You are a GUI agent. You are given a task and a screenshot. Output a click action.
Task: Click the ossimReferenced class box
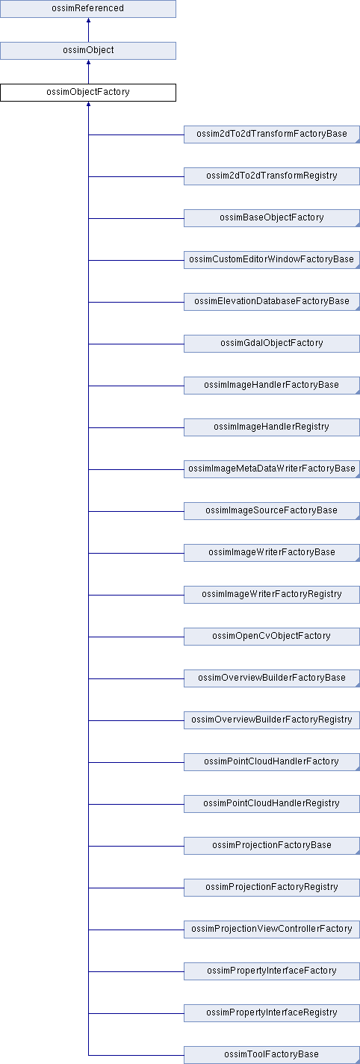click(88, 9)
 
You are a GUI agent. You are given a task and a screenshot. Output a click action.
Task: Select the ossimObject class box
click(88, 51)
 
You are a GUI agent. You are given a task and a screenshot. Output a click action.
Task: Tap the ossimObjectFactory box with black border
click(88, 93)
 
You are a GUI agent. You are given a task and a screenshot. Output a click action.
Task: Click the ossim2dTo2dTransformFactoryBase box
click(272, 134)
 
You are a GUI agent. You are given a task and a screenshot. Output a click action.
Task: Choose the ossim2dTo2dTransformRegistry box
click(272, 176)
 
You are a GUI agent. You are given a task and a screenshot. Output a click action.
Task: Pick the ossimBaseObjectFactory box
click(272, 218)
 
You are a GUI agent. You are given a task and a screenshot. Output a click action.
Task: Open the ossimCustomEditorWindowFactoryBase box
click(272, 260)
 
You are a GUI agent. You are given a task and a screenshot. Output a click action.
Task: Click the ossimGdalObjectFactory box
click(272, 344)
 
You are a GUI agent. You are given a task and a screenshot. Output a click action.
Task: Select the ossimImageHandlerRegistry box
click(272, 427)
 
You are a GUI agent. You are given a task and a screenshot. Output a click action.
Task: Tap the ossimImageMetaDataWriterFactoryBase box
click(272, 468)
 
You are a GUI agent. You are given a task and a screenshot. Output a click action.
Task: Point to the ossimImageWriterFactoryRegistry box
click(272, 594)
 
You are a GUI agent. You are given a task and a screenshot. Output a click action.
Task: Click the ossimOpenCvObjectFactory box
click(272, 636)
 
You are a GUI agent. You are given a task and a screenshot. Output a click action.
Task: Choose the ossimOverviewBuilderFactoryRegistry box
click(272, 720)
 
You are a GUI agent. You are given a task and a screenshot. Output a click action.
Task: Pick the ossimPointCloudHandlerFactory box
click(272, 761)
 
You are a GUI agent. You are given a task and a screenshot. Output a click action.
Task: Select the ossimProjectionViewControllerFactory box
click(272, 929)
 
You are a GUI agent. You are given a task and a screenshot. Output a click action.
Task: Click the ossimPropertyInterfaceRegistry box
click(272, 1012)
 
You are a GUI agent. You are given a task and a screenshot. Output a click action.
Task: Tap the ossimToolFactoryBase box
click(272, 1054)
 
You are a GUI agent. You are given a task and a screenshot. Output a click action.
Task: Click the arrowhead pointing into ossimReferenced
click(88, 20)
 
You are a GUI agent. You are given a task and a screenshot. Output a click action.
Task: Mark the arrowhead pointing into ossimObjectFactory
click(88, 104)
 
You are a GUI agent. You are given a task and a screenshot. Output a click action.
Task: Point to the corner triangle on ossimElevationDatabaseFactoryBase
click(357, 309)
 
